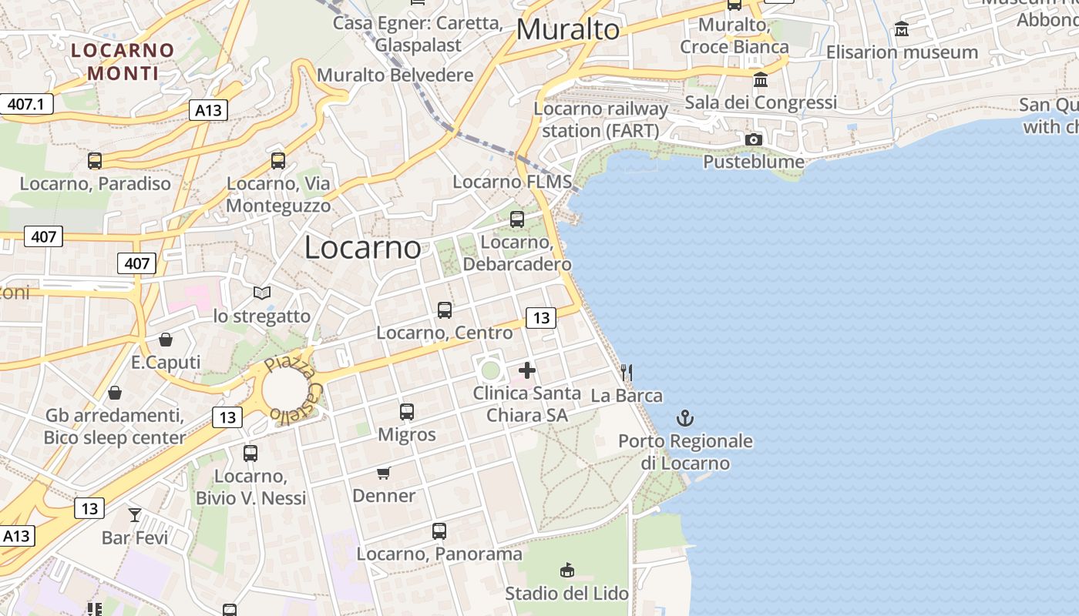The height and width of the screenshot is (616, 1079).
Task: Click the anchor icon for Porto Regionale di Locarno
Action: (x=684, y=418)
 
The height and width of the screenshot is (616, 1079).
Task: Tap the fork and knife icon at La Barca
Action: (x=627, y=373)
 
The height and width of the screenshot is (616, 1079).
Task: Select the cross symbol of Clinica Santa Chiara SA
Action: (x=527, y=370)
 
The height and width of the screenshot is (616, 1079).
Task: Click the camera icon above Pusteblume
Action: (x=754, y=139)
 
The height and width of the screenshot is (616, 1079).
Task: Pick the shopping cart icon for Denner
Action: (x=384, y=473)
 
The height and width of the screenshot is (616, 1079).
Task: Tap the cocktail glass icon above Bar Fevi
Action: (x=135, y=514)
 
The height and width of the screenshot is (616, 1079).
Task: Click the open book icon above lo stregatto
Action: (x=262, y=293)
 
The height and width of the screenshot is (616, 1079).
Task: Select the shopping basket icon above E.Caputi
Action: (x=166, y=340)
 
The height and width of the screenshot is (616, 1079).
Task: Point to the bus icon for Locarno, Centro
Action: (x=445, y=310)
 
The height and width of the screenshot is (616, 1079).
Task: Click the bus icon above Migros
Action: (x=407, y=412)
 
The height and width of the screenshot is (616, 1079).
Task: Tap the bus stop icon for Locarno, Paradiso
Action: (x=95, y=161)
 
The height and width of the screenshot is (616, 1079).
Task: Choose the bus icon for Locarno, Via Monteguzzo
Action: (x=278, y=161)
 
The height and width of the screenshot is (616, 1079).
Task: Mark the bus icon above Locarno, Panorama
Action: (x=439, y=531)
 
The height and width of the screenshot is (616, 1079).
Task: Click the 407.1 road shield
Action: (x=26, y=104)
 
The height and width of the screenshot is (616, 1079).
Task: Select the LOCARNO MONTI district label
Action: (x=123, y=62)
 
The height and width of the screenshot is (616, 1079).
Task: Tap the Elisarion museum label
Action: (x=902, y=52)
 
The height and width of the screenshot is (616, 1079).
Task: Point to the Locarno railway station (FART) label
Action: (x=600, y=119)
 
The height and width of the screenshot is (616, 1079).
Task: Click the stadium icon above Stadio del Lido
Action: (x=567, y=571)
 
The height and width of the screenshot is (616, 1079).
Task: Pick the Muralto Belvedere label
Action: (x=395, y=75)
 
